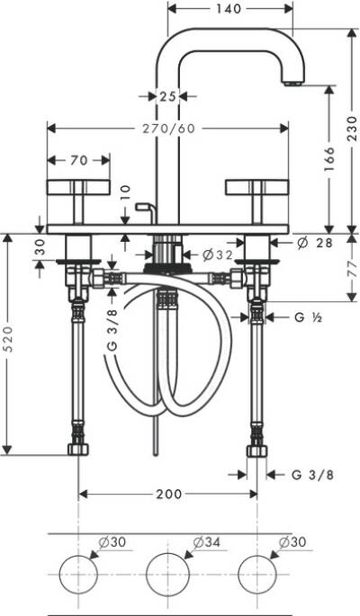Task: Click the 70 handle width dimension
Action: (x=78, y=162)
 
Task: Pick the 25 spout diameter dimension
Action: (x=166, y=96)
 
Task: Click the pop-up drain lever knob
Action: (x=140, y=207)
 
